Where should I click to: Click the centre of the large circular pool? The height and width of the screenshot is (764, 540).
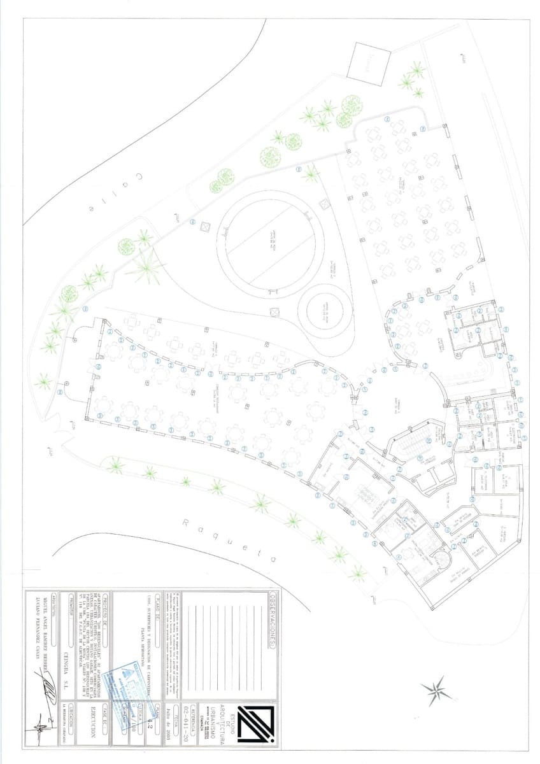point(272,244)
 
